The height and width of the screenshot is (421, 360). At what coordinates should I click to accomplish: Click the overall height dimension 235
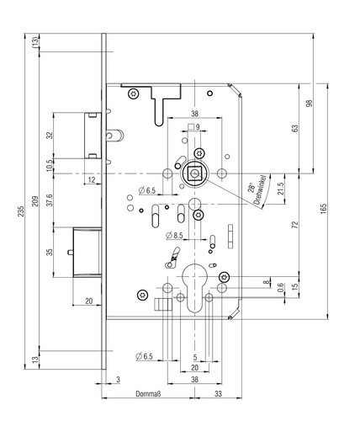pyautogui.click(x=21, y=211)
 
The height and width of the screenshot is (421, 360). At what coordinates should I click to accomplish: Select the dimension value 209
pyautogui.click(x=34, y=201)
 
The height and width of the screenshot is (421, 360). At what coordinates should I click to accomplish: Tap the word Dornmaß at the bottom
pyautogui.click(x=148, y=394)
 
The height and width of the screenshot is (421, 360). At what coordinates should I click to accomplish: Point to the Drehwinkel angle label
pyautogui.click(x=259, y=189)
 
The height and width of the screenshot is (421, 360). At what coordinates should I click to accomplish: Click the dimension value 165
pyautogui.click(x=323, y=209)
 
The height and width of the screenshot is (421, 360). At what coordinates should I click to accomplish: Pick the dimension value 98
pyautogui.click(x=310, y=104)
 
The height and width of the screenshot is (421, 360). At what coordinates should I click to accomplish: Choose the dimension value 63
pyautogui.click(x=295, y=128)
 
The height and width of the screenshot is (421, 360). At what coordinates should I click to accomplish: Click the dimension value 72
pyautogui.click(x=294, y=225)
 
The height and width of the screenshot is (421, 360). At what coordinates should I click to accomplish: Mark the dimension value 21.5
pyautogui.click(x=281, y=189)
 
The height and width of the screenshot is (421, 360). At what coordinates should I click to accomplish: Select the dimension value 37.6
pyautogui.click(x=50, y=200)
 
